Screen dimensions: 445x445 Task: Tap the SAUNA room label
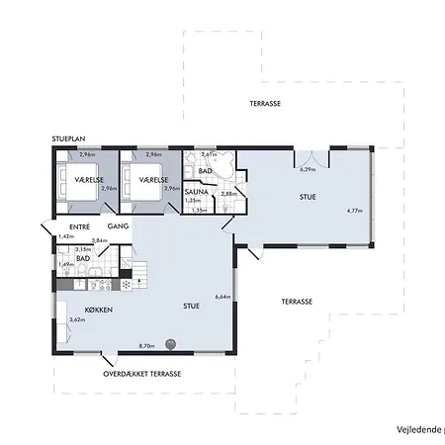pos(196,189)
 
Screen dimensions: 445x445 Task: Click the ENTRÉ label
pos(66,226)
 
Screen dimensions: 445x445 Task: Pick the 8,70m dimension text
pos(147,345)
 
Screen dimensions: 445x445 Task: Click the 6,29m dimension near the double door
pos(309,169)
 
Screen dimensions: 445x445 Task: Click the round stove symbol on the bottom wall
pos(170,345)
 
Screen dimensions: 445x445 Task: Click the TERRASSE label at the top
pos(264,103)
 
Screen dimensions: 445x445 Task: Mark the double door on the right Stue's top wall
pos(310,155)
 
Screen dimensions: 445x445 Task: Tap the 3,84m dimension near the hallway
pos(99,241)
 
